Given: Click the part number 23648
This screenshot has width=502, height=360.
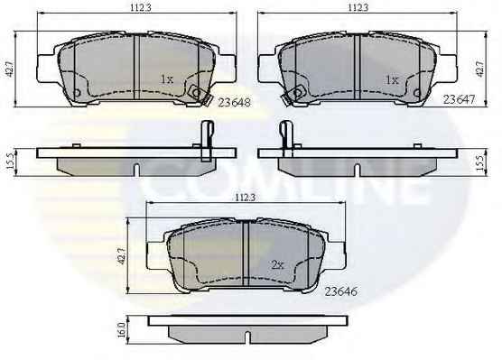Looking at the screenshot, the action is coord(234,102).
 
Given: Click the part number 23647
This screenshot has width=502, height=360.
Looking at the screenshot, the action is coord(459,99).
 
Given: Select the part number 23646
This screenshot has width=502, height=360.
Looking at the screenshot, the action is coord(340,291).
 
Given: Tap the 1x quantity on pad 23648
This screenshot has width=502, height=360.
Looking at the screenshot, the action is coord(166,79).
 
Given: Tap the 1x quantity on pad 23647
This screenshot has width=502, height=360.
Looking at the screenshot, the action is coord(392,79).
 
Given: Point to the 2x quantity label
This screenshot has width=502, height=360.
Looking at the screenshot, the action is coord(277,264).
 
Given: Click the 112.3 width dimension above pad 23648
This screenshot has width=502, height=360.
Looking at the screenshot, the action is coord(141,8).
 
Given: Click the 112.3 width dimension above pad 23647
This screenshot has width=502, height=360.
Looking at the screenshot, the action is coord(358,7).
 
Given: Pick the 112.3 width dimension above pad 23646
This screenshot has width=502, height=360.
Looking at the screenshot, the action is coord(246,198).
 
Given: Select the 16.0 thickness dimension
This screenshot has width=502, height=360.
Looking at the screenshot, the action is coord(121,330).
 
